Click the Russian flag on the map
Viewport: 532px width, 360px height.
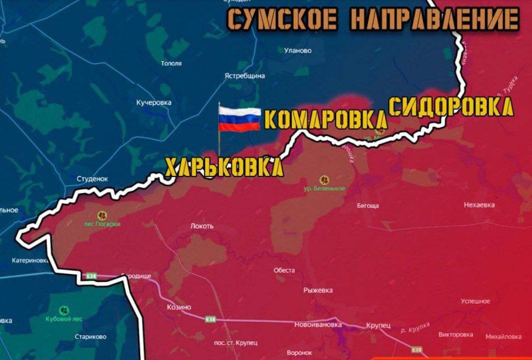pos(239,119)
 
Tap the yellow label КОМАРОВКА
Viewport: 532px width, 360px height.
pos(325,120)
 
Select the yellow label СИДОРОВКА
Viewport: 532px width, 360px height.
pos(451,107)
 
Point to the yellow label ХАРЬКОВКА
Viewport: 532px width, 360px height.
pos(224,167)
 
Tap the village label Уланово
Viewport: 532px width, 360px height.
pos(298,50)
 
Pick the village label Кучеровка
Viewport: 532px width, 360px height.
pos(154,102)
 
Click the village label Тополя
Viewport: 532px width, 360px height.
pos(171,63)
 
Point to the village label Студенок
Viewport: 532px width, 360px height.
pos(92,178)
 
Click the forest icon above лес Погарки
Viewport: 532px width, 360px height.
pos(102,215)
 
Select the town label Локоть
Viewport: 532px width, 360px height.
pos(202,226)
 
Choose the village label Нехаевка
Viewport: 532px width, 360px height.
pos(479,205)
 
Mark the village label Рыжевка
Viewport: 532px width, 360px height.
pos(318,290)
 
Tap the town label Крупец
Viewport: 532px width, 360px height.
pos(378,325)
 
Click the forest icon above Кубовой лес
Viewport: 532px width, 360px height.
pos(64,310)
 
